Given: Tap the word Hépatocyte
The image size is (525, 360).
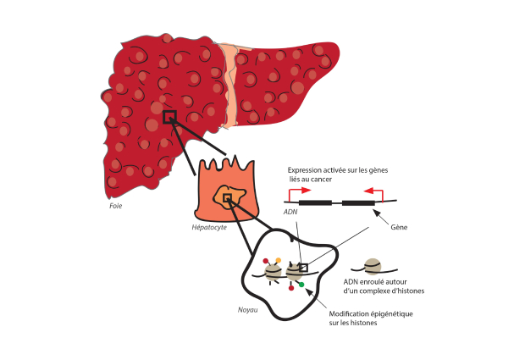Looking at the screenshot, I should point(208,229).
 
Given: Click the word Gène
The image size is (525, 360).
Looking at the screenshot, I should point(399,228).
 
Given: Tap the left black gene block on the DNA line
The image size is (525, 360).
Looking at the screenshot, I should point(315,203).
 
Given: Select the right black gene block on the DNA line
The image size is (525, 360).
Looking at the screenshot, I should point(357,203).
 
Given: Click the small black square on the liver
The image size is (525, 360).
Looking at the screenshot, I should point(169,117).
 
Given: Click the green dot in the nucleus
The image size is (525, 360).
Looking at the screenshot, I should point(301,284).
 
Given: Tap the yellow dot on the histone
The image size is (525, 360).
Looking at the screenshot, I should point(278,260).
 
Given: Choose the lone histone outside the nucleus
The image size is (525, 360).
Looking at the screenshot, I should point(372,267).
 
